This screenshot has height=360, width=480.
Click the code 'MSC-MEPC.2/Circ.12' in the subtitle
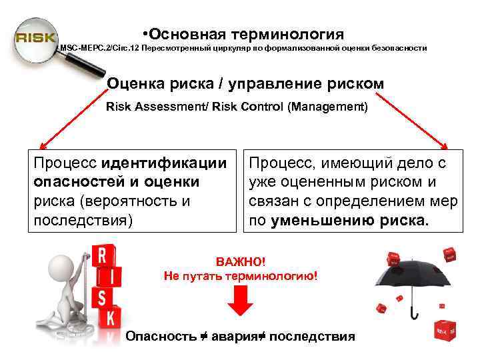(x=93, y=49)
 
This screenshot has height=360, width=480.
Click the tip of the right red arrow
(x=451, y=147)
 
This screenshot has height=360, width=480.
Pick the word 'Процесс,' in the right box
(x=283, y=163)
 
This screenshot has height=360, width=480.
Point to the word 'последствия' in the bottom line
(x=313, y=337)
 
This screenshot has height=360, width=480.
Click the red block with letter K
(x=108, y=317)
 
